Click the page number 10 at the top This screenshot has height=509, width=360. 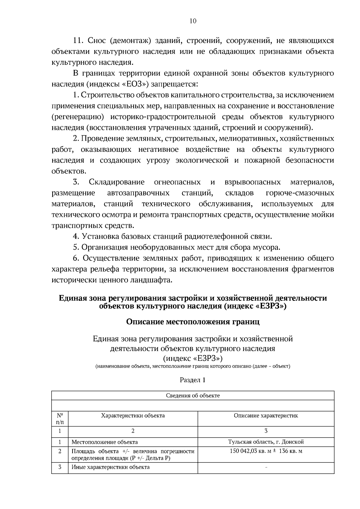(193, 21)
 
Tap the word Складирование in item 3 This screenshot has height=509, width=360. (116, 182)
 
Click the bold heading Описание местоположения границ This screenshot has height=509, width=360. (193, 322)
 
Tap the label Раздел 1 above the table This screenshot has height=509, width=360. (193, 380)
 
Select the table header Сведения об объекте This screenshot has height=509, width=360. (193, 396)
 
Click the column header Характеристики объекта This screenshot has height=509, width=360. (133, 416)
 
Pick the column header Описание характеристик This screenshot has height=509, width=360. (266, 416)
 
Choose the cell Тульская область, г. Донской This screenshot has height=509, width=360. (266, 442)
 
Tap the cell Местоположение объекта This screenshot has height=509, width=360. (104, 442)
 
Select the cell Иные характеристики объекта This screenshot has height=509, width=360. (110, 467)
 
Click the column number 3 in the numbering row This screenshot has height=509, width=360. (266, 431)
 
